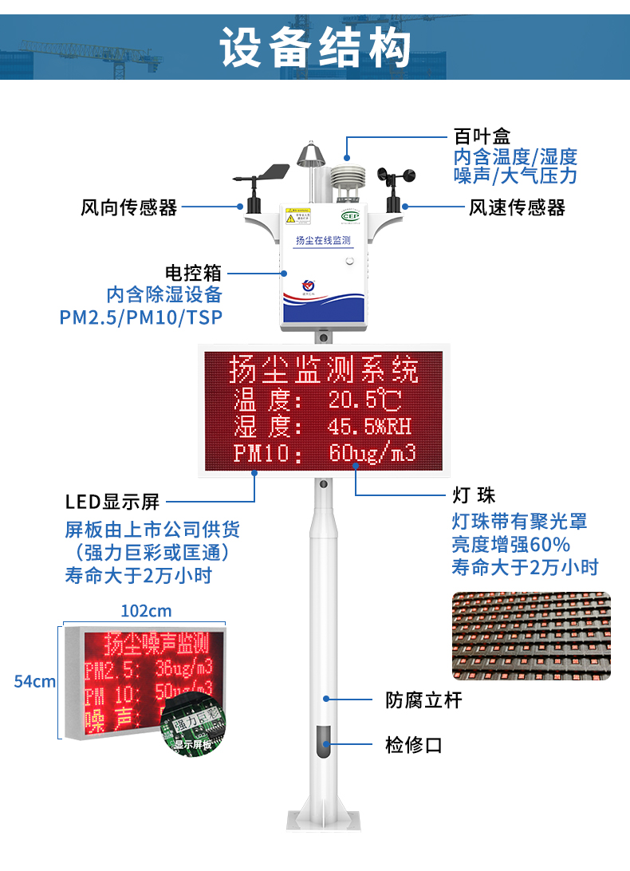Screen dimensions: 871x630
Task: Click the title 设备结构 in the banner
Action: point(315,47)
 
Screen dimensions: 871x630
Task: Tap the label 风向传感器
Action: point(128,208)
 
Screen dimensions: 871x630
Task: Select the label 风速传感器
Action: point(517,208)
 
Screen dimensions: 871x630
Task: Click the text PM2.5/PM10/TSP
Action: point(141,317)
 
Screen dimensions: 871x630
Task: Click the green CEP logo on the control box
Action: point(350,215)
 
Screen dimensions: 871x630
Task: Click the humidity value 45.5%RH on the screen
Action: point(369,426)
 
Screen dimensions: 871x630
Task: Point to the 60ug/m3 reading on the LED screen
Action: point(372,453)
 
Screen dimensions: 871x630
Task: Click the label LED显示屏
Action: point(112,502)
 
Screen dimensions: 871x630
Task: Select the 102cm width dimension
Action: point(146,611)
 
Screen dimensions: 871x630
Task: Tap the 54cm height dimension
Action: point(35,681)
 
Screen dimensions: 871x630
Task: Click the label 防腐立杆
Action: point(423,700)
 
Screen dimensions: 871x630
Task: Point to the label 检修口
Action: point(413,745)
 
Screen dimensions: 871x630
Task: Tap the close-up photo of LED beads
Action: point(531,636)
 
